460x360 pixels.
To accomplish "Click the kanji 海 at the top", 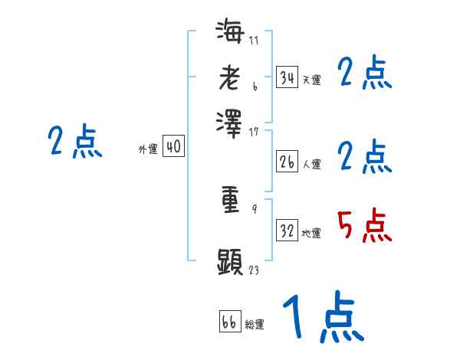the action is [x=229, y=34].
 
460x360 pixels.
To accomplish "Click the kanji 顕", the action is [x=229, y=262].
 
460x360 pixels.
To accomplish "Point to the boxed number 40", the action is [x=174, y=146].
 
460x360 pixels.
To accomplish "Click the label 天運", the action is [x=311, y=80].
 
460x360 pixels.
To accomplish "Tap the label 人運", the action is [x=311, y=164].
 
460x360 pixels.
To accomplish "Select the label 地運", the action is [x=311, y=233].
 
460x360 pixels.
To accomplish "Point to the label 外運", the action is [x=147, y=149].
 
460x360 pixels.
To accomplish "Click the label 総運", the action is [x=255, y=325].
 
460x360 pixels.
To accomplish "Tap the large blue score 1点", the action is [x=322, y=318].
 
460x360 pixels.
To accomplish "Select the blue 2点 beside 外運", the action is [x=74, y=142].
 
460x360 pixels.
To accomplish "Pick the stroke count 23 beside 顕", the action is [x=255, y=270].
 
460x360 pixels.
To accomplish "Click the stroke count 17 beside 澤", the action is [x=255, y=131].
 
